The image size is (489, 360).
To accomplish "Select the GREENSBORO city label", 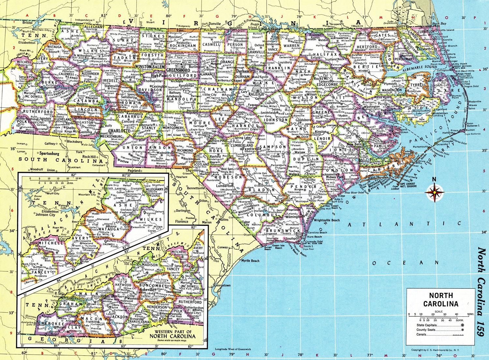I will tap(176, 69).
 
